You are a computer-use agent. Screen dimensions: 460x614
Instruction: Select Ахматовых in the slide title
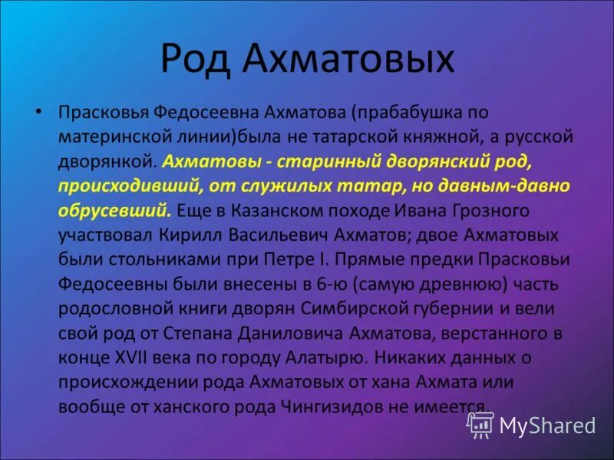pyautogui.click(x=350, y=60)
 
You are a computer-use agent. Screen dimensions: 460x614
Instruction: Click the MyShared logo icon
pyautogui.click(x=480, y=424)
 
